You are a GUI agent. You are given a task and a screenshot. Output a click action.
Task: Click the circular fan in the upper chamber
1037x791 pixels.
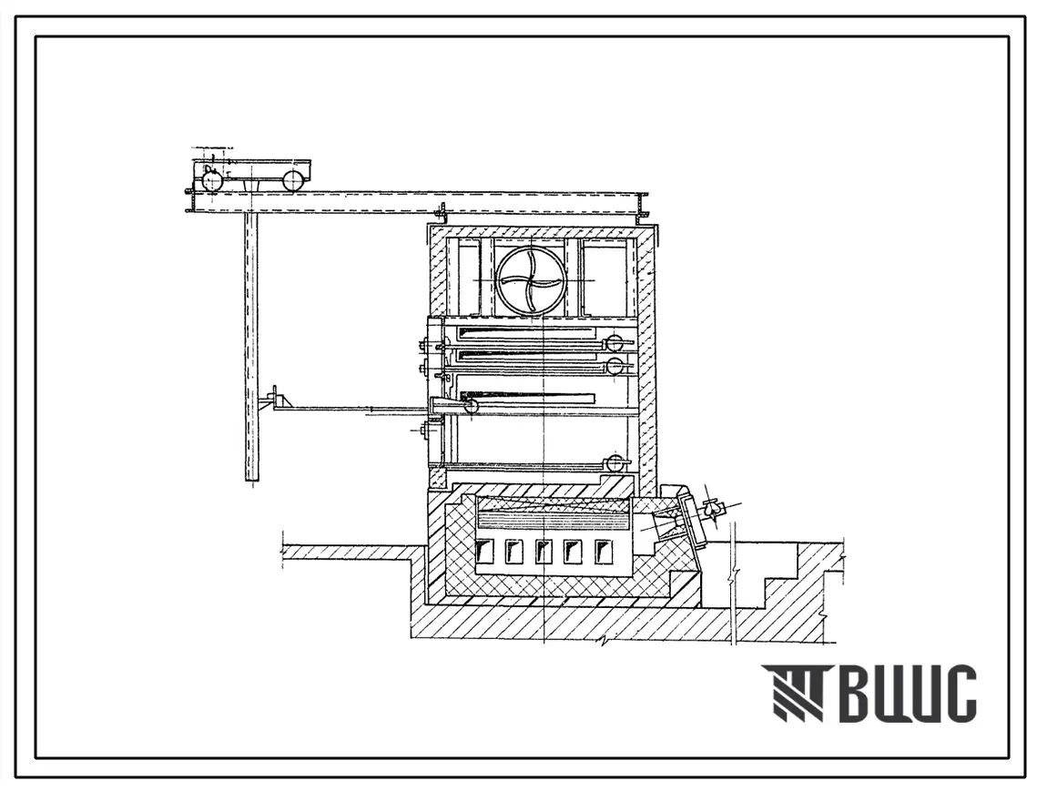(532, 280)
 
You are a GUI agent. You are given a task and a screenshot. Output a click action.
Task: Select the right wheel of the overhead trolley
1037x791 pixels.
(294, 180)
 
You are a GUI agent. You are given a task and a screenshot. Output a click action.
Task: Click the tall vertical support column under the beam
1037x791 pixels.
(250, 347)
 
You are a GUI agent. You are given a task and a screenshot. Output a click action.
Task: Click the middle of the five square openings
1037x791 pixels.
(543, 551)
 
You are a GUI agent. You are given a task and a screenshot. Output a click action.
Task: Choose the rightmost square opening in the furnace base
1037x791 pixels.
(602, 551)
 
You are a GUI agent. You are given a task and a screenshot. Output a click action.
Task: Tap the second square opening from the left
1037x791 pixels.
(513, 551)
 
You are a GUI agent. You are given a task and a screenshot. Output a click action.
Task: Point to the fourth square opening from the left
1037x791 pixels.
(572, 551)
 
